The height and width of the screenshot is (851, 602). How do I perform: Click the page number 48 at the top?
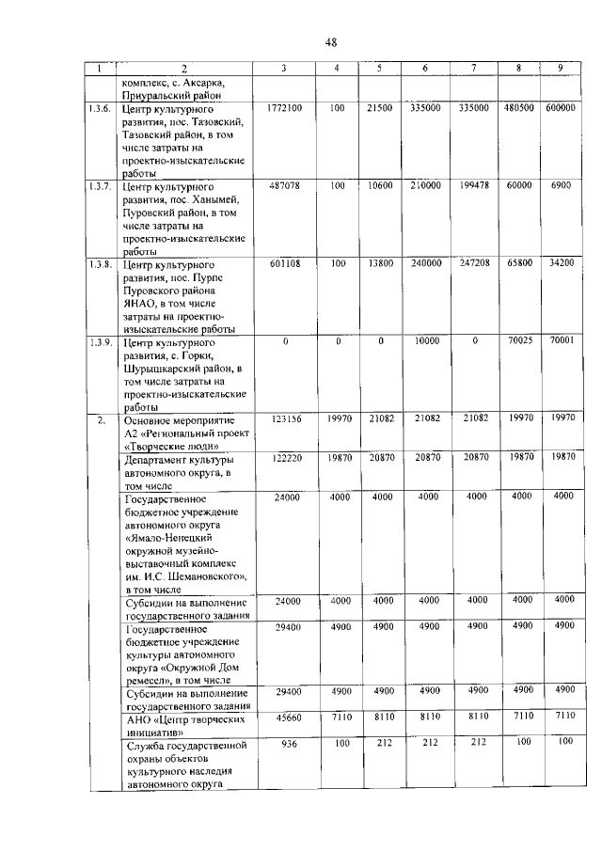click(330, 41)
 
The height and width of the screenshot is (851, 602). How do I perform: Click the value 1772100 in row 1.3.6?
click(283, 109)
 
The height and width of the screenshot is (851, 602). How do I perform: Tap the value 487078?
click(283, 186)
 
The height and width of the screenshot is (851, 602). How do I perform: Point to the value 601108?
click(283, 264)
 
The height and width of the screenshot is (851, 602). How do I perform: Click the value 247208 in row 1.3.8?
click(473, 264)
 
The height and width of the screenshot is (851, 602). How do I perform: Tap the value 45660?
click(283, 717)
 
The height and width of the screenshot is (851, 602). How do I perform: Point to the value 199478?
click(473, 186)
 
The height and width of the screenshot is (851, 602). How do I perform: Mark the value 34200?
click(561, 264)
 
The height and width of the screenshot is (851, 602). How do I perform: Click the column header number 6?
click(425, 69)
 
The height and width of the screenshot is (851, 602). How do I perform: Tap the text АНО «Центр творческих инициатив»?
click(177, 724)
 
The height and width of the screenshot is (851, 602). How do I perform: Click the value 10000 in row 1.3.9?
click(425, 342)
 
